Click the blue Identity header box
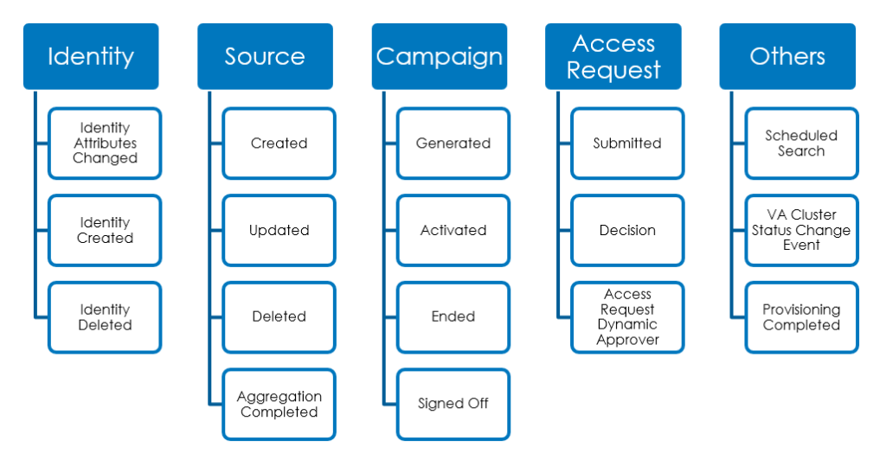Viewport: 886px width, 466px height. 91,56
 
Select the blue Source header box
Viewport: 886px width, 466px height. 265,56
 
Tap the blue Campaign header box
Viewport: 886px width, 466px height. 440,56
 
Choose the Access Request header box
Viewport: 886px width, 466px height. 613,56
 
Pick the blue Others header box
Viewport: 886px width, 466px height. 787,56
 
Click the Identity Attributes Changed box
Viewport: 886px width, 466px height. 105,144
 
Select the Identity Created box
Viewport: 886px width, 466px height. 105,230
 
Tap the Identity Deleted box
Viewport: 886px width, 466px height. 105,317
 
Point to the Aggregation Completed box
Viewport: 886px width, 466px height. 279,405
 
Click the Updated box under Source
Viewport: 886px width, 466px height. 279,230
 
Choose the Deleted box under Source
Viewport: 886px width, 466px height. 279,317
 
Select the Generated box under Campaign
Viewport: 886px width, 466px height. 453,144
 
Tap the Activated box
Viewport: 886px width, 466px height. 453,230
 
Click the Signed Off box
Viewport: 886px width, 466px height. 453,405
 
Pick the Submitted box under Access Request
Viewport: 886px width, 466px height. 627,144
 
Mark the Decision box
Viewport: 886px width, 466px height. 627,230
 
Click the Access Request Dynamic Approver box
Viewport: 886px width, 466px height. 627,317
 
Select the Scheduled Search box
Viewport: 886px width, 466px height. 801,144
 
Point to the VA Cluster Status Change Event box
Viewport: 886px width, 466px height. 801,230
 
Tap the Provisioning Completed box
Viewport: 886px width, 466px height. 801,317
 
